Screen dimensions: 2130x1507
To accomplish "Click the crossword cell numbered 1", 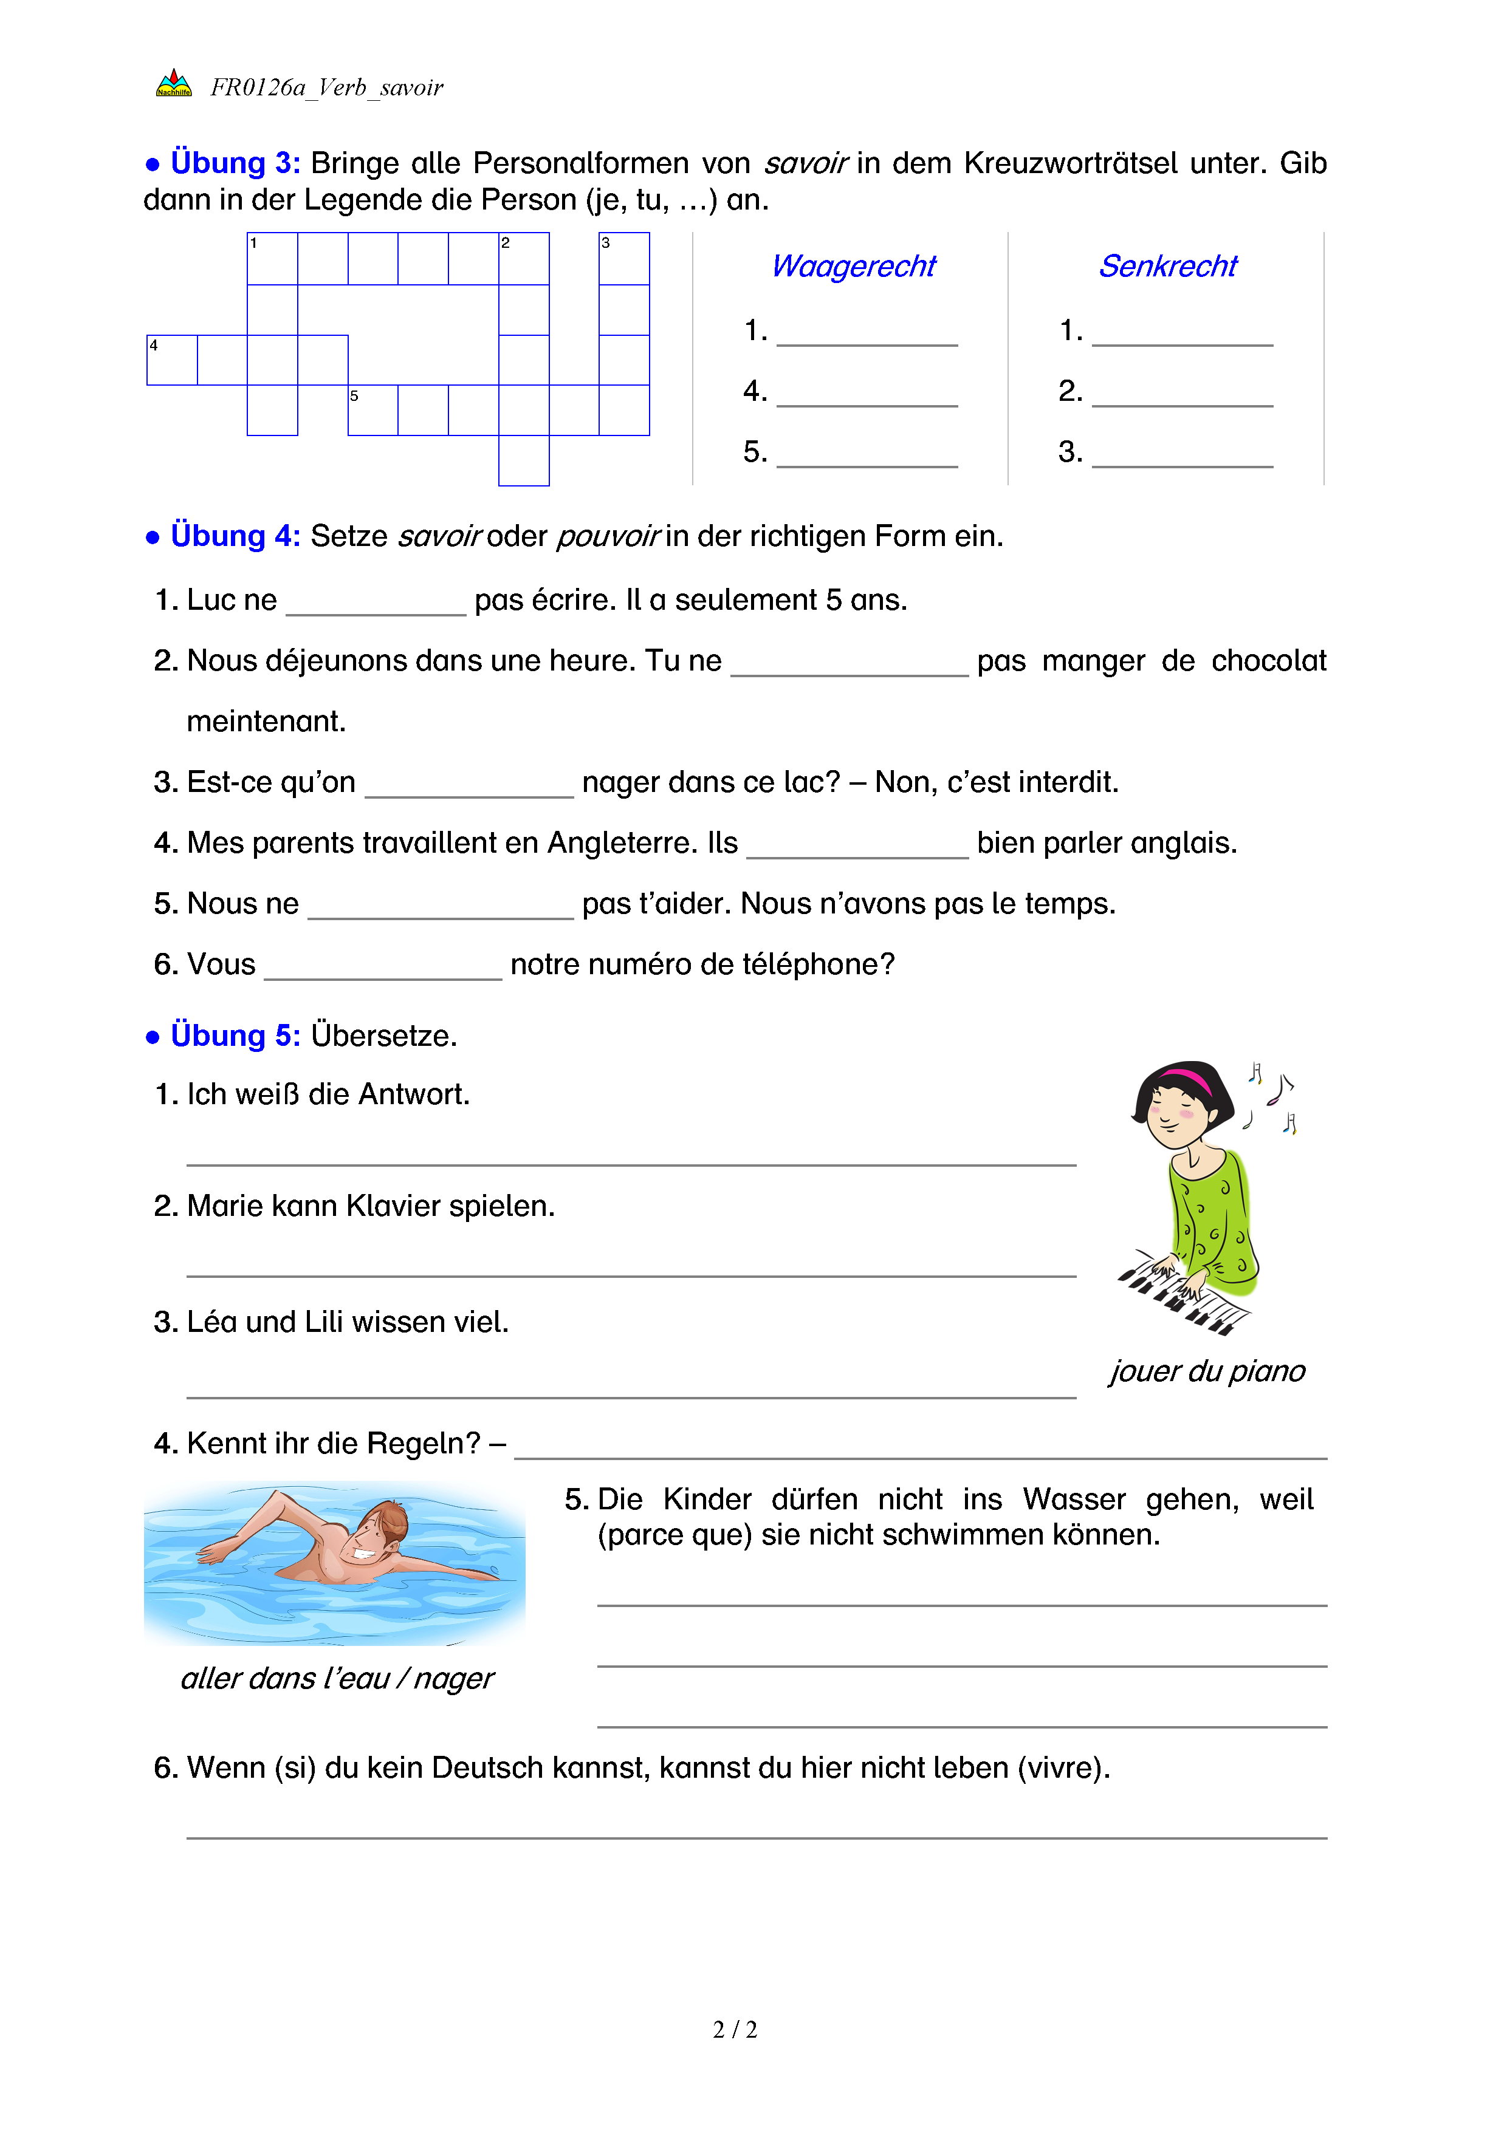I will click(272, 259).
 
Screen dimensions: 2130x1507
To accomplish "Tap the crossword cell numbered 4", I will click(172, 360).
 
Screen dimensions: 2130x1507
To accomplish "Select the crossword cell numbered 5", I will click(372, 410).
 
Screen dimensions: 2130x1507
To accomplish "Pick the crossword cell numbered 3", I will click(623, 259).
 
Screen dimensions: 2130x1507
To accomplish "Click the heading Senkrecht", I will click(1167, 266).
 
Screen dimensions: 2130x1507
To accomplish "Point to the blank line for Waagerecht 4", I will click(866, 396).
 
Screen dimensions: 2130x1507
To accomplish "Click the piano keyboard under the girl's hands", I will click(1183, 1295).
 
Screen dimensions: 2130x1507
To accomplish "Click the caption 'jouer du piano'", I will click(1206, 1371).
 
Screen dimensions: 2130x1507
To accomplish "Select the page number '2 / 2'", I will click(735, 2030).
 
